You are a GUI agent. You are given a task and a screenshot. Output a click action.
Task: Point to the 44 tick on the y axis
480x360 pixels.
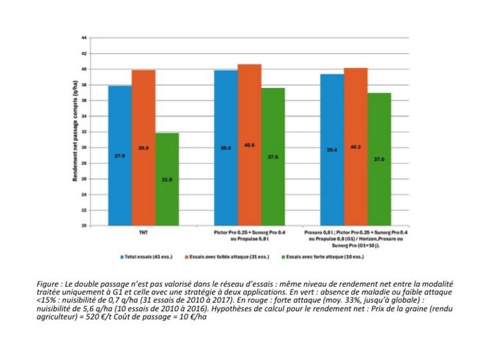[x=84, y=38]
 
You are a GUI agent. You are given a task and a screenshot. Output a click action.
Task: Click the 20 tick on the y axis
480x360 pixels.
[x=84, y=226]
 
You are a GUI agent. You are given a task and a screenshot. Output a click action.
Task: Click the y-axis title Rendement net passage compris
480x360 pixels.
[x=75, y=132]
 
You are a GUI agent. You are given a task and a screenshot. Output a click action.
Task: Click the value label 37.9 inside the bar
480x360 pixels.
[x=120, y=156]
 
